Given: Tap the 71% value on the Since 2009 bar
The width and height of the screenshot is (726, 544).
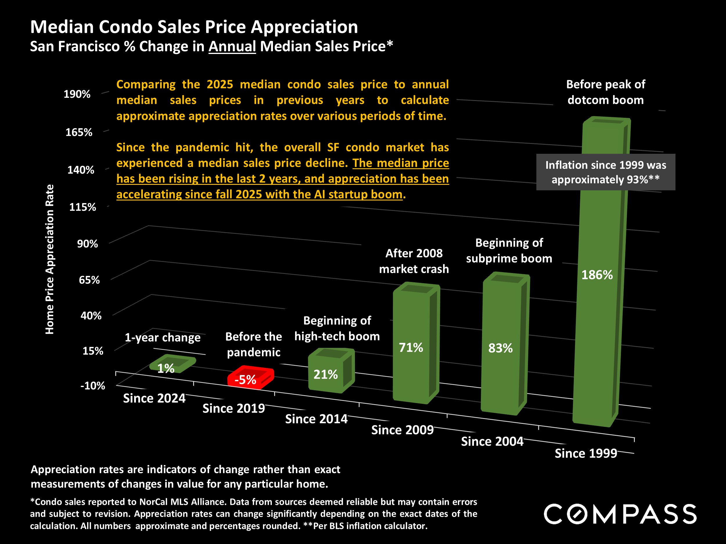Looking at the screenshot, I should tap(411, 348).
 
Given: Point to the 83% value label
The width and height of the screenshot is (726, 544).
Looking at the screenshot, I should tap(500, 348).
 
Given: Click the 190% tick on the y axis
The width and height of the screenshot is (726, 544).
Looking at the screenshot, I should tap(77, 94).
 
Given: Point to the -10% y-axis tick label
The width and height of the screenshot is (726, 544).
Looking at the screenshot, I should tap(93, 386).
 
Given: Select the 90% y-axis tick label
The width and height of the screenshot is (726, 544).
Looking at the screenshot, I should tap(87, 244).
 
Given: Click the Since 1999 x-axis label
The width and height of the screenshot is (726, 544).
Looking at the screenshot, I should tap(586, 453).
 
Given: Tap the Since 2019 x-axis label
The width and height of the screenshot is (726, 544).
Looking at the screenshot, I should tap(233, 409).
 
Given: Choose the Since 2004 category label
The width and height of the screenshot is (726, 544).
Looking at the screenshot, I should tap(492, 442).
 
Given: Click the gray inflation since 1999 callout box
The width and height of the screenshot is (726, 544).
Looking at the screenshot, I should tap(605, 172).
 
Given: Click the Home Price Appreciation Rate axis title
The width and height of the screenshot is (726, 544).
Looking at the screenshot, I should tap(50, 259).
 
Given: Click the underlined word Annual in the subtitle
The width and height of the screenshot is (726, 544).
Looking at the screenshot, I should tap(232, 46).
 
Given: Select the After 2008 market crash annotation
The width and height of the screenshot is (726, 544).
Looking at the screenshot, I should tap(414, 261).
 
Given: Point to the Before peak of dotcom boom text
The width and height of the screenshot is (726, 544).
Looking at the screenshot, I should tap(605, 92).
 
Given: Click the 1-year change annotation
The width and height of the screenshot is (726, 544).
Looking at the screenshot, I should tap(162, 337).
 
